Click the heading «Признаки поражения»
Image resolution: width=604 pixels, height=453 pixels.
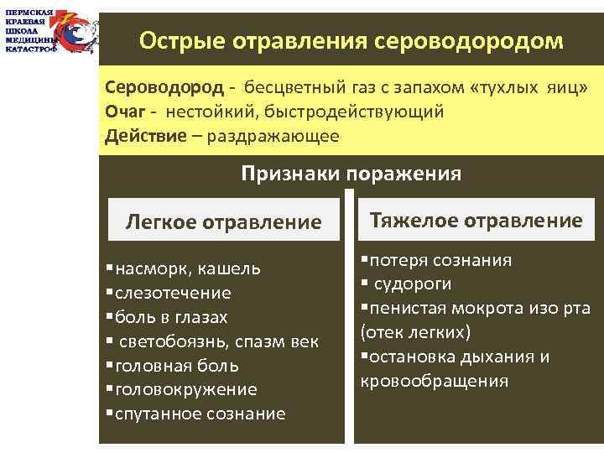click(x=351, y=174)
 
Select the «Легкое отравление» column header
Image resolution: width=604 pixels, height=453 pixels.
click(x=223, y=221)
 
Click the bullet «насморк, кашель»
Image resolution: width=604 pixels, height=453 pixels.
click(x=188, y=269)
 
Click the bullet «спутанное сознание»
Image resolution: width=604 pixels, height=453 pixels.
click(x=200, y=414)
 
